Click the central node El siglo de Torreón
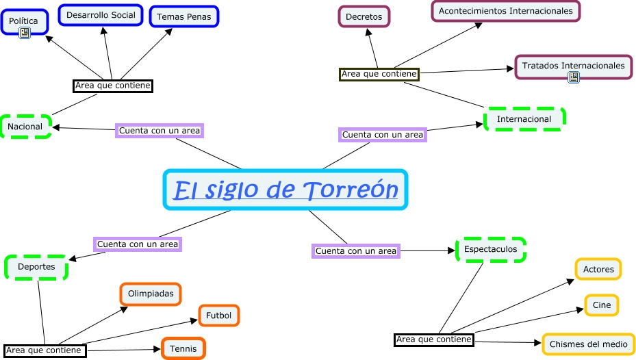[285, 190]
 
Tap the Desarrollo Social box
[101, 14]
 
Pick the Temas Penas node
[184, 16]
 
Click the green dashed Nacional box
[25, 127]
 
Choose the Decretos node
[364, 16]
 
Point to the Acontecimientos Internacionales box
[505, 11]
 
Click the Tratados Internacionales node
[573, 66]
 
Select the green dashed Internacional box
[524, 119]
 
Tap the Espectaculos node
[491, 249]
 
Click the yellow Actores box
[598, 269]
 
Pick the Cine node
[602, 305]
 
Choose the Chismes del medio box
[588, 344]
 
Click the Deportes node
[36, 267]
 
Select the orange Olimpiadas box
[151, 294]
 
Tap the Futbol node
[219, 316]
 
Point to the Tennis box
[183, 348]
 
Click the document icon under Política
[25, 33]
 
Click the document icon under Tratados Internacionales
[574, 77]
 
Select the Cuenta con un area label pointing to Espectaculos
[356, 251]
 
